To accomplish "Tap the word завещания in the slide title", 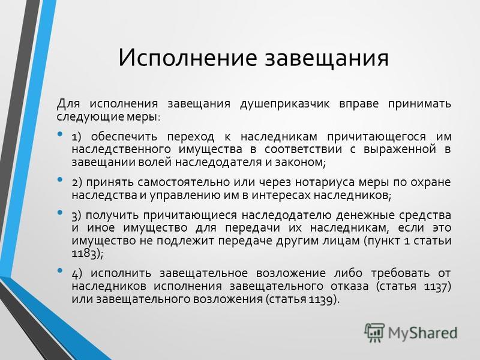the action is (326, 58).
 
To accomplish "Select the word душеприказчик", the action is (284, 104).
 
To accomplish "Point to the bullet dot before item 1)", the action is (60, 134).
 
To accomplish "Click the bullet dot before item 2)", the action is (60, 179).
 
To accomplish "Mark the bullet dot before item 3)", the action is (60, 212).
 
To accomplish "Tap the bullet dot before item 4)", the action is (60, 271).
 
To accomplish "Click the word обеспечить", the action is (124, 137).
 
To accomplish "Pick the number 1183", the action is (83, 254).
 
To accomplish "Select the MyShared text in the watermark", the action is (423, 333).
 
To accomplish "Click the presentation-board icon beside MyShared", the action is (374, 332).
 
